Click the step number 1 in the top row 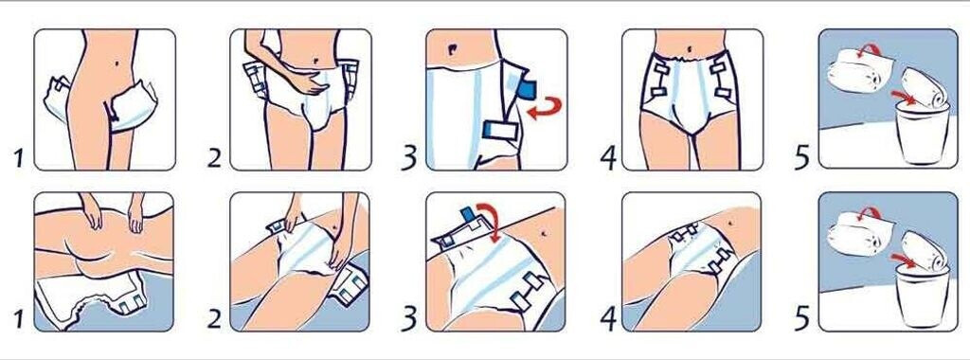point(19,157)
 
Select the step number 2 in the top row point(213,157)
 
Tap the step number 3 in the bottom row point(409,318)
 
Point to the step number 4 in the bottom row point(608,319)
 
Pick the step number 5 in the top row point(802,157)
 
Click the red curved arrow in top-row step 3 point(547,109)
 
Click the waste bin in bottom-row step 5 point(922,297)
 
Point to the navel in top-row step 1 point(118,63)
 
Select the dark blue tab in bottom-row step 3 point(467,215)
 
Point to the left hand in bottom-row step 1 point(93,213)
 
